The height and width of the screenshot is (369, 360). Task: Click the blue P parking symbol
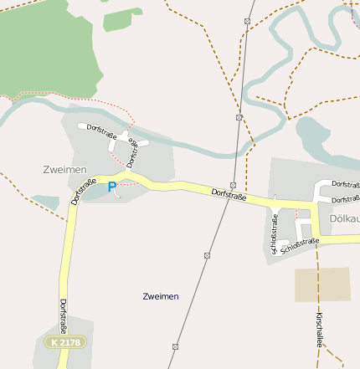coord(112,188)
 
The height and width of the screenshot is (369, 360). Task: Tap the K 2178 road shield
coord(65,342)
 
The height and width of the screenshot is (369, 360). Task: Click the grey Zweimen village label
coord(64,169)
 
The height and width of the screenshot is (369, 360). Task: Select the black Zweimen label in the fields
coord(161,296)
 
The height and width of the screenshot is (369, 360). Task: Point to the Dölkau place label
coord(344,218)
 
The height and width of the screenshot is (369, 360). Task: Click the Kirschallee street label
coord(319,329)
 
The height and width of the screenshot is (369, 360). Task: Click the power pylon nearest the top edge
coord(248,20)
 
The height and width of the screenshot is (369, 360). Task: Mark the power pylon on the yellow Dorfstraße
coord(233,185)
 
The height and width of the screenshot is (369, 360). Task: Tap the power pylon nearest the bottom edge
coord(175,346)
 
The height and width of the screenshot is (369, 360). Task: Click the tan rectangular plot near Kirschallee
coord(322,284)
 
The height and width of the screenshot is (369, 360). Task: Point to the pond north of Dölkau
coord(313,134)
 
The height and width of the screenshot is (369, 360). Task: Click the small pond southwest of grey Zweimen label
coord(45,202)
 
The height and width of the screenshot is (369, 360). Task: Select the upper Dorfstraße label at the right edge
coord(345,183)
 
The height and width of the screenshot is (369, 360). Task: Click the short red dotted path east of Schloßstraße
coord(296,215)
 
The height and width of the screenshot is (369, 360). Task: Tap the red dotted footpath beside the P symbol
coord(126,186)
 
